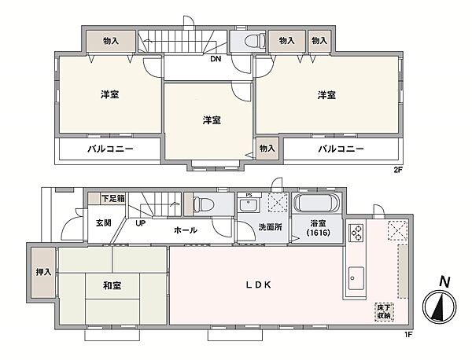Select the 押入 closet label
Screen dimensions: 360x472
pyautogui.click(x=43, y=272)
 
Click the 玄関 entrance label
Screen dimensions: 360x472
pyautogui.click(x=103, y=222)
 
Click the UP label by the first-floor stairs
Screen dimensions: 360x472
pyautogui.click(x=141, y=222)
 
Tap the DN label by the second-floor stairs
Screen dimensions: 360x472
pyautogui.click(x=214, y=57)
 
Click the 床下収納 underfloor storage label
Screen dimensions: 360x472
pyautogui.click(x=382, y=311)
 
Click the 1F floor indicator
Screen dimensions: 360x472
pyautogui.click(x=408, y=334)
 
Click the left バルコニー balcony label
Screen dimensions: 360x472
pyautogui.click(x=109, y=148)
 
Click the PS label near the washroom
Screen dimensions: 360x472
pyautogui.click(x=249, y=195)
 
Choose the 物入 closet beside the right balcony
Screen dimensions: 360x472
pyautogui.click(x=267, y=148)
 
